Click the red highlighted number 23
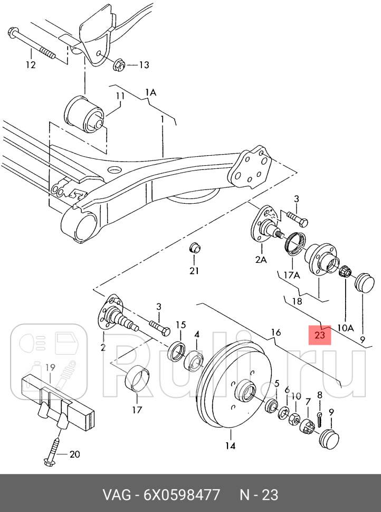click(320, 335)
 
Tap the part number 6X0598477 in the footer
click(182, 495)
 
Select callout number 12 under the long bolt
click(31, 64)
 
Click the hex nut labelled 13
click(119, 65)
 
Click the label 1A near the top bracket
click(151, 92)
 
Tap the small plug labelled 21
click(195, 248)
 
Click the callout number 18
click(297, 301)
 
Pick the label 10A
click(346, 327)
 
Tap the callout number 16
click(276, 333)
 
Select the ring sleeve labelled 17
click(137, 378)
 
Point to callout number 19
click(50, 368)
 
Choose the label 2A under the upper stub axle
click(261, 260)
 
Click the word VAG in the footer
click(117, 495)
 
